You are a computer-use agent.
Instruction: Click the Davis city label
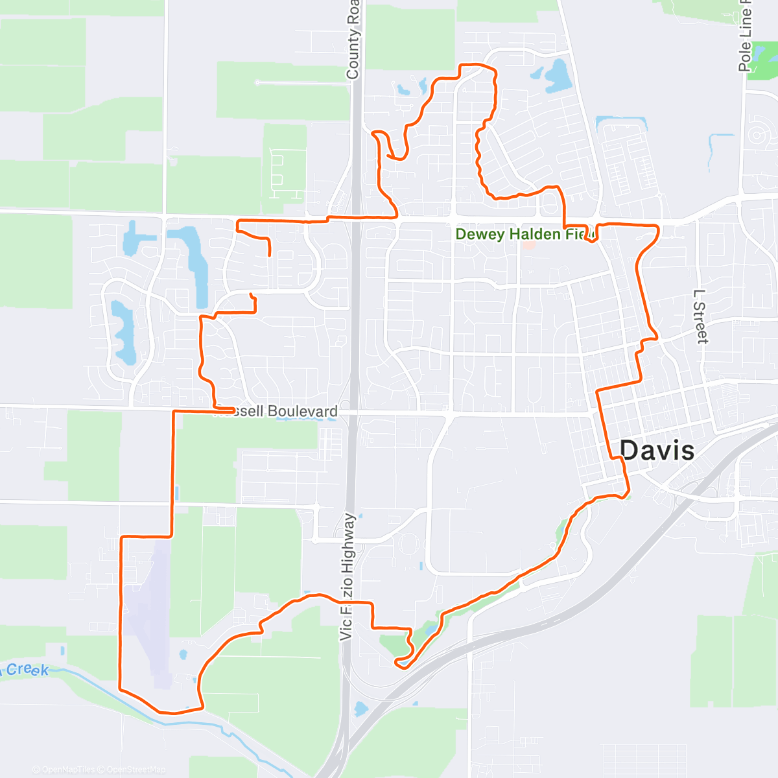[x=657, y=450]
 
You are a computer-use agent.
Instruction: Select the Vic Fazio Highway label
[x=348, y=577]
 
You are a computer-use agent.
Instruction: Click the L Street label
[x=700, y=316]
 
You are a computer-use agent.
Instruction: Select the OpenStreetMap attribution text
[x=136, y=770]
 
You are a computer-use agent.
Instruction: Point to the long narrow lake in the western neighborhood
[x=193, y=259]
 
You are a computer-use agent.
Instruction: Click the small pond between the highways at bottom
[x=360, y=709]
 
